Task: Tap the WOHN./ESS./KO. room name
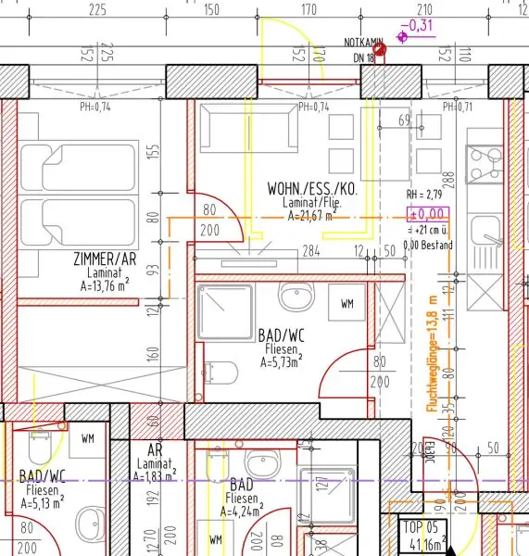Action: click(311, 188)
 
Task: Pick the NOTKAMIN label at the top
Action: click(363, 42)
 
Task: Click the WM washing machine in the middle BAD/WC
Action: click(347, 303)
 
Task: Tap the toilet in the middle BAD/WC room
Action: click(219, 373)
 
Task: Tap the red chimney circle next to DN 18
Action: click(380, 48)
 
